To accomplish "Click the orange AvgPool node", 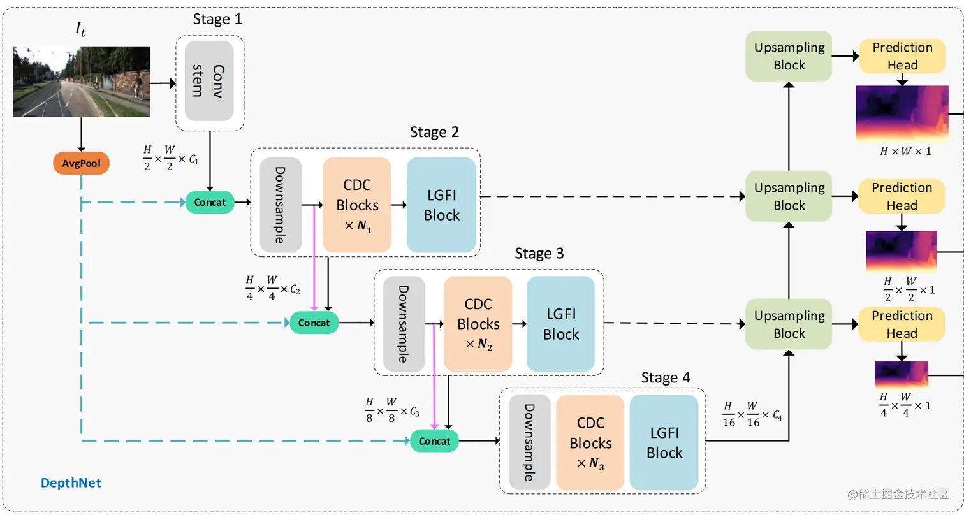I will (x=81, y=164).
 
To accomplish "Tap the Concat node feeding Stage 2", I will (x=210, y=203).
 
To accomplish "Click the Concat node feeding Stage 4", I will (x=434, y=441).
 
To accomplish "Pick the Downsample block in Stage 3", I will (x=404, y=324).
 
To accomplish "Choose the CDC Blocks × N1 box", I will (x=357, y=205).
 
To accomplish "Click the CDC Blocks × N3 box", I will (x=590, y=443).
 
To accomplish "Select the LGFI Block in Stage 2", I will (x=441, y=205).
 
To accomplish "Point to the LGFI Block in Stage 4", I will (x=664, y=443).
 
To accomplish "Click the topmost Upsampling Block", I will (x=789, y=56).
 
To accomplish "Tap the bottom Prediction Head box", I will (x=902, y=324).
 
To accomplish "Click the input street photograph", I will (x=82, y=81).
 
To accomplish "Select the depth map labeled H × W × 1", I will (x=902, y=113).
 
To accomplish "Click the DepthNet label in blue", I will (x=71, y=482).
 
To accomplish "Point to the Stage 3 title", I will (x=539, y=254).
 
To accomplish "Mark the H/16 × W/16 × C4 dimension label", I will (x=752, y=414).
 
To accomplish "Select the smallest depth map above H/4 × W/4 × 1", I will (x=902, y=375).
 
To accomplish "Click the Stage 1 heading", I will (x=217, y=19).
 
